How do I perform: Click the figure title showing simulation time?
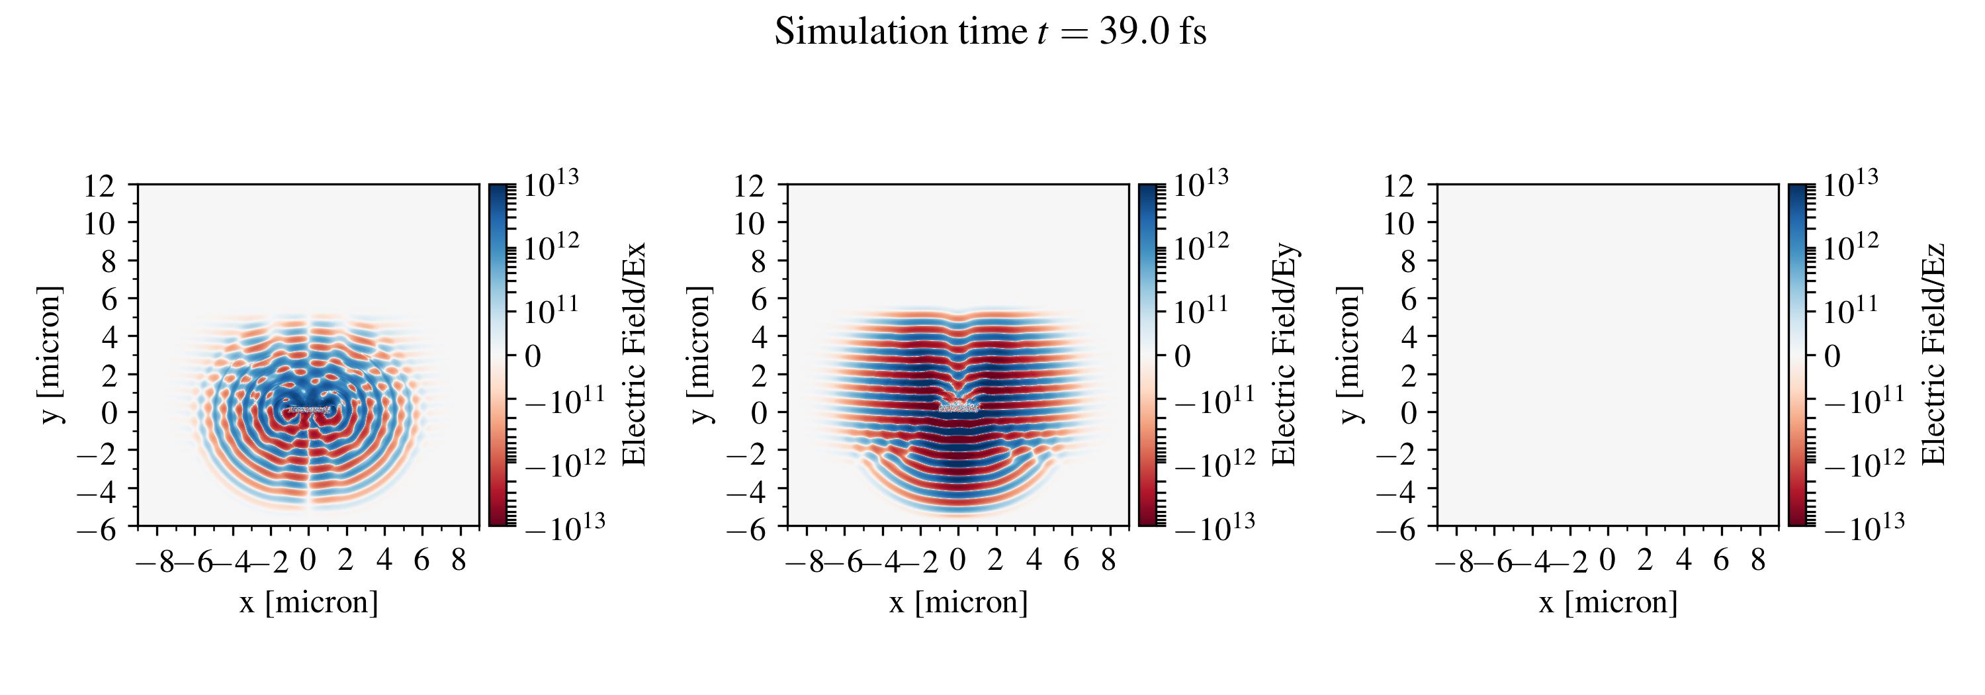(991, 32)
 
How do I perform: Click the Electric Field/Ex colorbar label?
(633, 354)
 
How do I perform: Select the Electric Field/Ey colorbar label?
(1284, 354)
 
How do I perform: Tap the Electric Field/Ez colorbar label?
(1934, 354)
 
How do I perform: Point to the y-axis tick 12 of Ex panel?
(99, 186)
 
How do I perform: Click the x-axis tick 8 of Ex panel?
(459, 560)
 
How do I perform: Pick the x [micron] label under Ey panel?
(958, 602)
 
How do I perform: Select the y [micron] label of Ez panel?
(1350, 354)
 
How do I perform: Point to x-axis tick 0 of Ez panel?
(1607, 560)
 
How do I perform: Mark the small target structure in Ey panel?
(958, 406)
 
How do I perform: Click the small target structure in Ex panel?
(308, 410)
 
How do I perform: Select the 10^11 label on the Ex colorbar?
(552, 310)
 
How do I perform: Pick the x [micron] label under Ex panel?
(308, 602)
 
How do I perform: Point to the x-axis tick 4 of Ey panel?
(1034, 560)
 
